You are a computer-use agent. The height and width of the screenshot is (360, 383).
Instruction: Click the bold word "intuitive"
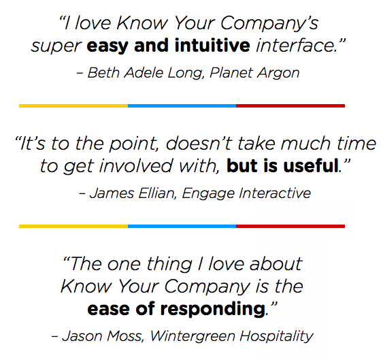pyautogui.click(x=212, y=45)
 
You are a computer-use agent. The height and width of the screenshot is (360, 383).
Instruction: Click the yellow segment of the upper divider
pyautogui.click(x=73, y=106)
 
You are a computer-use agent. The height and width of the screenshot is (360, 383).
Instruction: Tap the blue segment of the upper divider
pyautogui.click(x=182, y=106)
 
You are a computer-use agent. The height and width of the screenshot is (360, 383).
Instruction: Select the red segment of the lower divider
pyautogui.click(x=290, y=227)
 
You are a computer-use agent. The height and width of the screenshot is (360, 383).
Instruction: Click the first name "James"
pyautogui.click(x=112, y=193)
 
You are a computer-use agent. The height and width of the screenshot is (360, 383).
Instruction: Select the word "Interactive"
pyautogui.click(x=275, y=193)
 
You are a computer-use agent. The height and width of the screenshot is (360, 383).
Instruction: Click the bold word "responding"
pyautogui.click(x=212, y=310)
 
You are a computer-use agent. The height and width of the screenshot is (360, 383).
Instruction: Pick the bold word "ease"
pyautogui.click(x=108, y=310)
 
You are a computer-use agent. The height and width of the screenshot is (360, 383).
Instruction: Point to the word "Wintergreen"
pyautogui.click(x=193, y=337)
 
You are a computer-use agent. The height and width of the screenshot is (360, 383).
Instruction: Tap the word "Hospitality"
pyautogui.click(x=276, y=337)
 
